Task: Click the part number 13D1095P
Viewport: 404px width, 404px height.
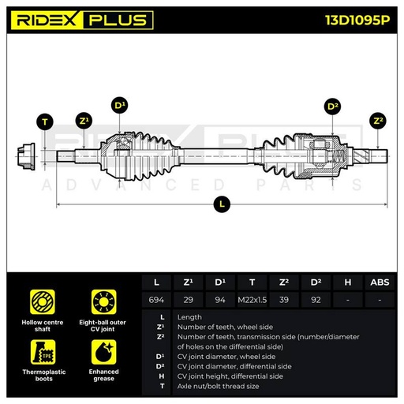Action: pos(357,20)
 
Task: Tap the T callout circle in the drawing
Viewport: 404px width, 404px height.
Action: pos(45,122)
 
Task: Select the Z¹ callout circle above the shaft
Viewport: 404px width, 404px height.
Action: pos(84,121)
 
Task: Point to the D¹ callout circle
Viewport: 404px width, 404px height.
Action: pos(120,106)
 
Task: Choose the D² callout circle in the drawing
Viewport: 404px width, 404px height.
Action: pos(332,107)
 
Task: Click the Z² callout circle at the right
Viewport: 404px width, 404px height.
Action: pos(378,121)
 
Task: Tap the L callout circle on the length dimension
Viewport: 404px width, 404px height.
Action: pos(222,204)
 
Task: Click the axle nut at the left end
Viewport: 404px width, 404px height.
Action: pos(26,156)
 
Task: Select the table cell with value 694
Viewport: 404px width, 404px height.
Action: pos(156,300)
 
